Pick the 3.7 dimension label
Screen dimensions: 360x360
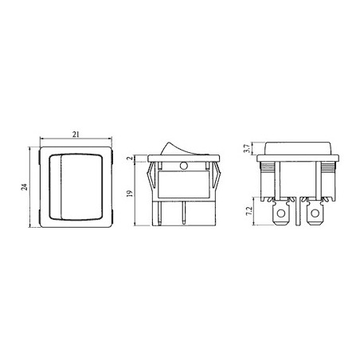(246, 147)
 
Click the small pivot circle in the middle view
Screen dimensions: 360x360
(184, 166)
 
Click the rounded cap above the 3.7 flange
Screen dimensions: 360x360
(299, 146)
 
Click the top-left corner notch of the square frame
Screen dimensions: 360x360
(40, 148)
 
